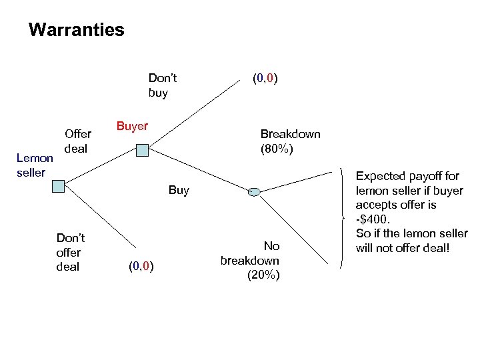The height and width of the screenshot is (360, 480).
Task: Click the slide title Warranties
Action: coord(77,30)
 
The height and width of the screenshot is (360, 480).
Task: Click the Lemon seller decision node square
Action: coord(59,185)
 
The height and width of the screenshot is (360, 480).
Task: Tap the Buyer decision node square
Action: coord(141,151)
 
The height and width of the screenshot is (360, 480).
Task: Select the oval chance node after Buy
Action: coord(254,192)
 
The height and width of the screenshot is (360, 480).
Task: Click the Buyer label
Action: coord(132,126)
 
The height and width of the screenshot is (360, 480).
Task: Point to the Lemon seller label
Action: coord(35,165)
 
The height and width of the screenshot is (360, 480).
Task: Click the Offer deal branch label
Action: coord(77,141)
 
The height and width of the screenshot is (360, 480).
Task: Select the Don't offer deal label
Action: coord(71,252)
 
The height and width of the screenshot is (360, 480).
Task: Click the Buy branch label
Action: coord(179,190)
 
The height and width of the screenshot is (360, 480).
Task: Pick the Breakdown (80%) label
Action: coord(290,141)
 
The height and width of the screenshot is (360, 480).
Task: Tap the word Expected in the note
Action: coord(381,176)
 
